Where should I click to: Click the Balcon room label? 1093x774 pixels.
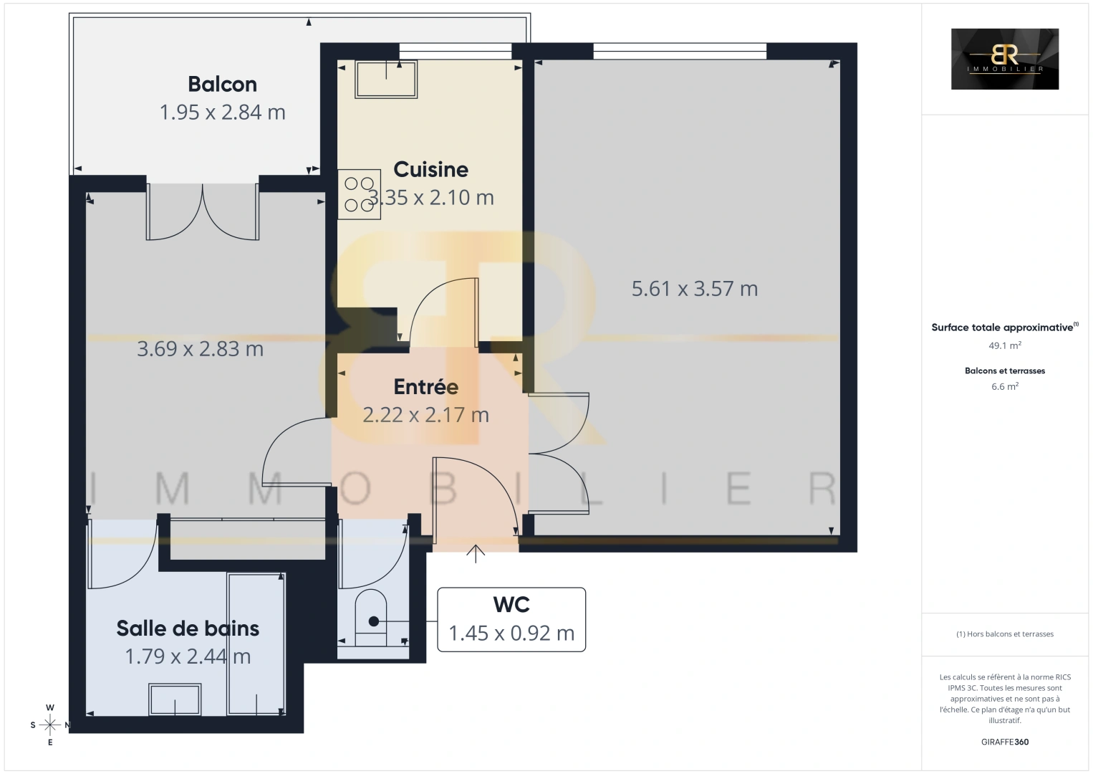point(222,85)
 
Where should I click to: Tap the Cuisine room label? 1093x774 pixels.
point(430,170)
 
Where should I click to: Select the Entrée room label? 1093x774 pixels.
point(425,387)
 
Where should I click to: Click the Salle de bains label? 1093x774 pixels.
point(188,629)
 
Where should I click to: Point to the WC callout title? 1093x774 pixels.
point(511,605)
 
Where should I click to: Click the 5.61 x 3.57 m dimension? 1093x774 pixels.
point(694,289)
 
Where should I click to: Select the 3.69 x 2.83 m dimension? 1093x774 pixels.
point(200,349)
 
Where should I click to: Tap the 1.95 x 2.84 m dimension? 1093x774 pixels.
point(222,113)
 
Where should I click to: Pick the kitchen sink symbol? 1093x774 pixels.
point(386,79)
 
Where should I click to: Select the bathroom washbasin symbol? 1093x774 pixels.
point(175,699)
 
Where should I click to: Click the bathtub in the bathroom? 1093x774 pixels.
point(256,643)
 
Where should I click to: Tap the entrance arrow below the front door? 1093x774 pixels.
point(476,553)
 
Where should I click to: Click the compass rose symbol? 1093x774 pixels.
point(50,725)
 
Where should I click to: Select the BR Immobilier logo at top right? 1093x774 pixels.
point(1004,59)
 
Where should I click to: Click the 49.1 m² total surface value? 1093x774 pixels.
point(1004,345)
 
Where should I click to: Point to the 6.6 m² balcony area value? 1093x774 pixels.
point(1004,386)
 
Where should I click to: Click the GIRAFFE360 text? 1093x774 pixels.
point(1004,742)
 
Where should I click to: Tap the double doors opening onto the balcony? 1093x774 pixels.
point(203,211)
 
